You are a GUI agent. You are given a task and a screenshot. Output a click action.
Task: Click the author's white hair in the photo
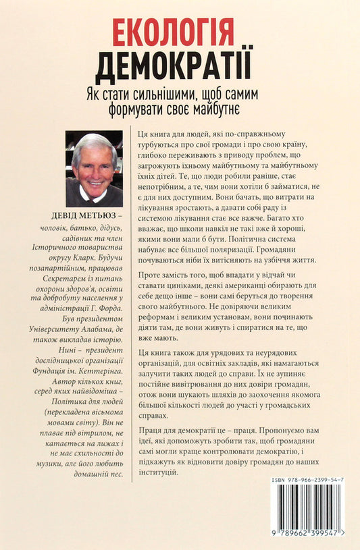click(x=94, y=140)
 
